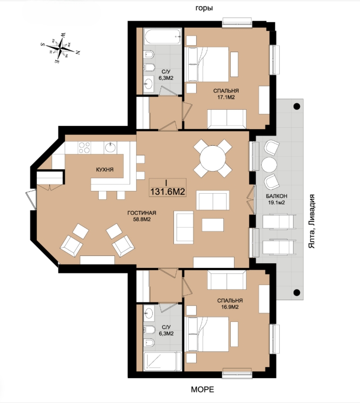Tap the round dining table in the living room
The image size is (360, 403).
(x=213, y=158)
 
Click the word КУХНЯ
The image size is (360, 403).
(x=104, y=170)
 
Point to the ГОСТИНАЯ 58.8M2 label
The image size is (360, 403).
(x=142, y=216)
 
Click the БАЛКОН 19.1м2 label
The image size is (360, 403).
(x=276, y=199)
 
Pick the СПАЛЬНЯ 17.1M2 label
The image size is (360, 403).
(x=226, y=94)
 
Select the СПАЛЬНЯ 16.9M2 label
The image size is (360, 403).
(x=230, y=303)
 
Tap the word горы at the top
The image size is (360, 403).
(x=204, y=8)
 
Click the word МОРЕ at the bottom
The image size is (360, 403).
(x=203, y=389)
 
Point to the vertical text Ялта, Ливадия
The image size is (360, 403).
(x=312, y=221)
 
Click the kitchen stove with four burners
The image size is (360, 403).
(x=84, y=148)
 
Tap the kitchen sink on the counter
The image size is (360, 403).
(x=111, y=148)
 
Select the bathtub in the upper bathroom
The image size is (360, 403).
(x=162, y=36)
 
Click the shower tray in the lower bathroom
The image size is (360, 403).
(x=162, y=362)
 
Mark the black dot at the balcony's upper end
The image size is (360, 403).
(x=297, y=106)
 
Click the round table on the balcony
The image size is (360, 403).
(x=269, y=164)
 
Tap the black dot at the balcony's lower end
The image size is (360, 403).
(x=297, y=292)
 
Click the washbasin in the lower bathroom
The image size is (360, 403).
(x=149, y=313)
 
